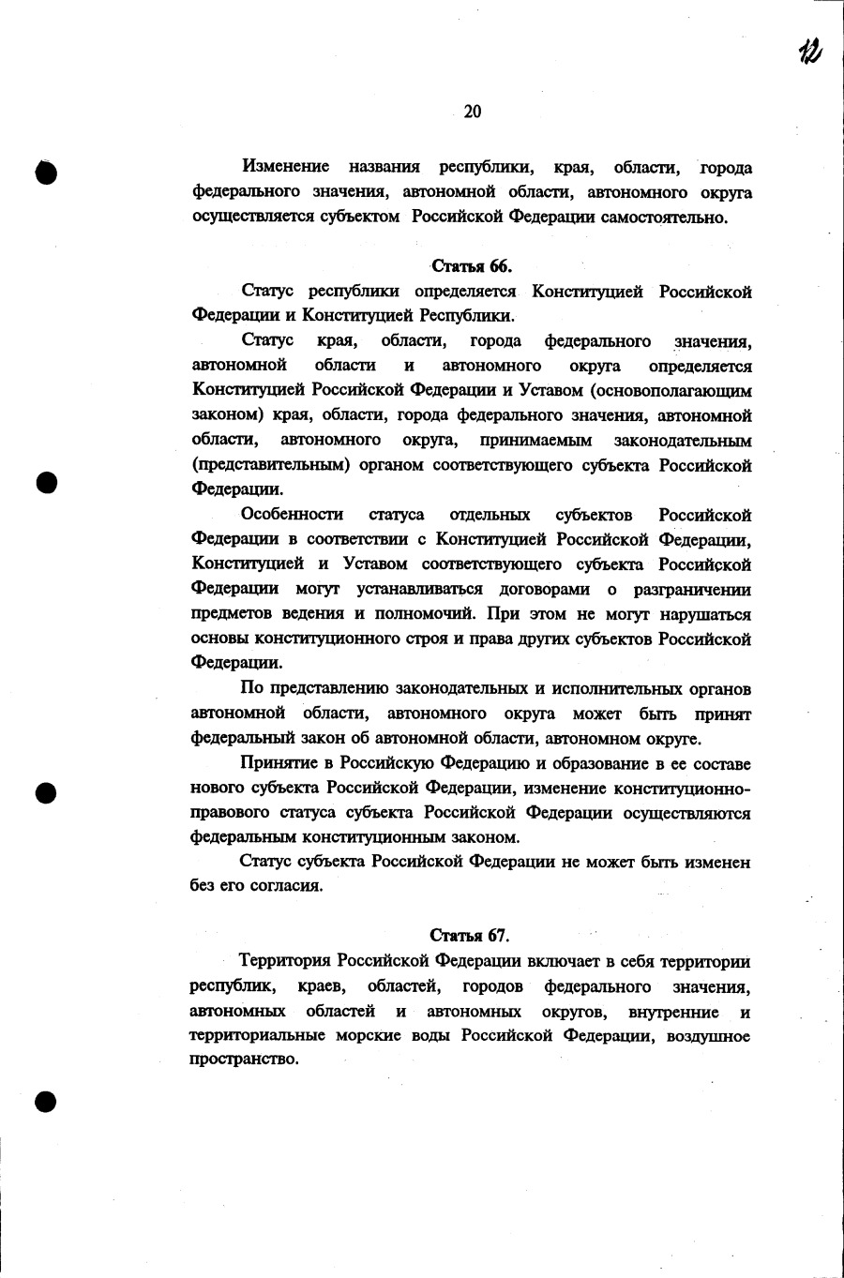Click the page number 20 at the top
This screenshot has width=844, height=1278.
click(x=473, y=112)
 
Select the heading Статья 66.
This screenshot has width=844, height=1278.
click(x=472, y=266)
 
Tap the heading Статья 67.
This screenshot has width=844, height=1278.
click(x=470, y=936)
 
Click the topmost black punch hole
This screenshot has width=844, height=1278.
click(x=47, y=172)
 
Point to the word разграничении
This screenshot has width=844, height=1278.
click(x=692, y=589)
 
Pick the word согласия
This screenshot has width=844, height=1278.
click(x=286, y=886)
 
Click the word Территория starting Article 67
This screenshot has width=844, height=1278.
click(x=286, y=961)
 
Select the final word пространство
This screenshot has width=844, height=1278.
click(x=244, y=1060)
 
